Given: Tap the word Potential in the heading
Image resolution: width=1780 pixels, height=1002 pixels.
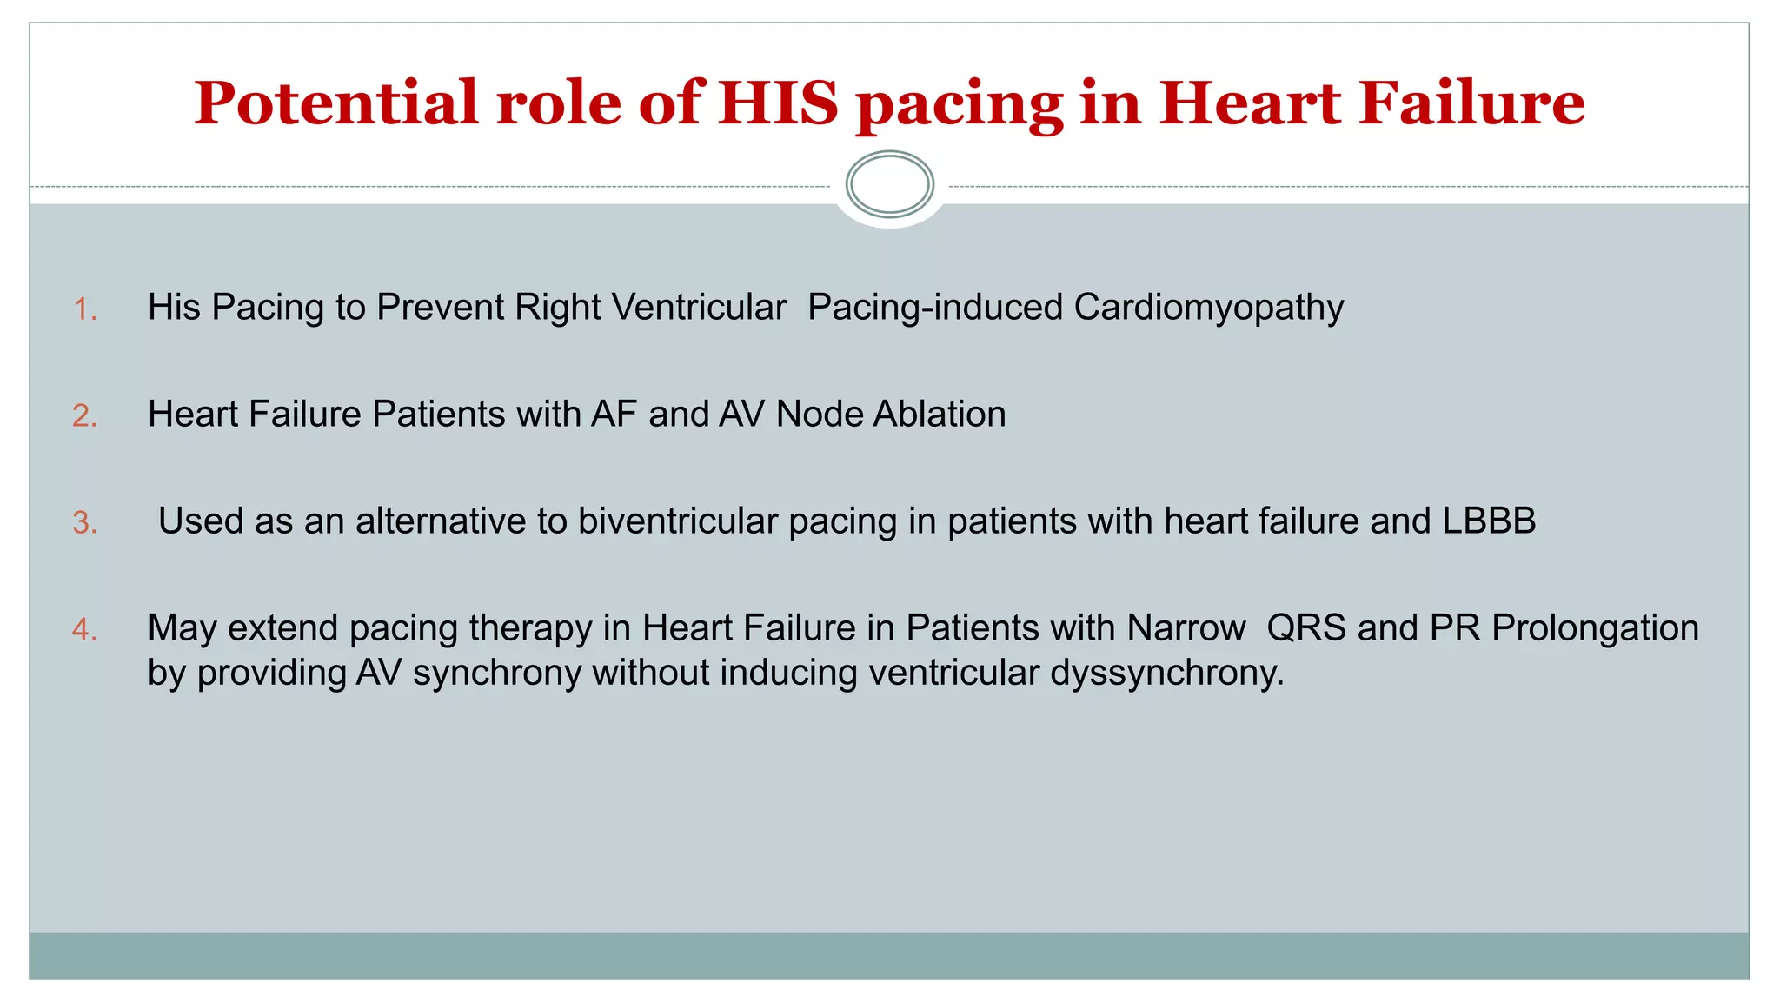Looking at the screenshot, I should pyautogui.click(x=335, y=103).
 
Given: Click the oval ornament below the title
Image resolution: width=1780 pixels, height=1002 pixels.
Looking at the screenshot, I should pyautogui.click(x=889, y=184).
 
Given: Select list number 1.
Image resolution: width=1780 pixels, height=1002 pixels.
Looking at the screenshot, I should pyautogui.click(x=84, y=309).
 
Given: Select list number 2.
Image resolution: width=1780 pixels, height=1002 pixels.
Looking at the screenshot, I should pyautogui.click(x=84, y=416).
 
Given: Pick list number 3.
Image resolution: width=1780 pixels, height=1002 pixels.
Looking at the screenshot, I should pyautogui.click(x=84, y=523).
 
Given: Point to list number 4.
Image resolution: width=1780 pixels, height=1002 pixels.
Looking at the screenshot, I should pyautogui.click(x=84, y=629).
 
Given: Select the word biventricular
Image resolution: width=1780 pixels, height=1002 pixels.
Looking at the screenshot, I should pyautogui.click(x=677, y=521).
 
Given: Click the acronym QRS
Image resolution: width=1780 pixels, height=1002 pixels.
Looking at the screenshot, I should pyautogui.click(x=1305, y=628).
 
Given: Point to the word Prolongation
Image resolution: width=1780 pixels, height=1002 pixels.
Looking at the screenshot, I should pyautogui.click(x=1595, y=628).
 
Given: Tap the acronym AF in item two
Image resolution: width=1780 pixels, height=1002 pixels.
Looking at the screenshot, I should pyautogui.click(x=614, y=415).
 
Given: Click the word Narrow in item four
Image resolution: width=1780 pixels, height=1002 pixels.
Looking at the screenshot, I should pyautogui.click(x=1186, y=628).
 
